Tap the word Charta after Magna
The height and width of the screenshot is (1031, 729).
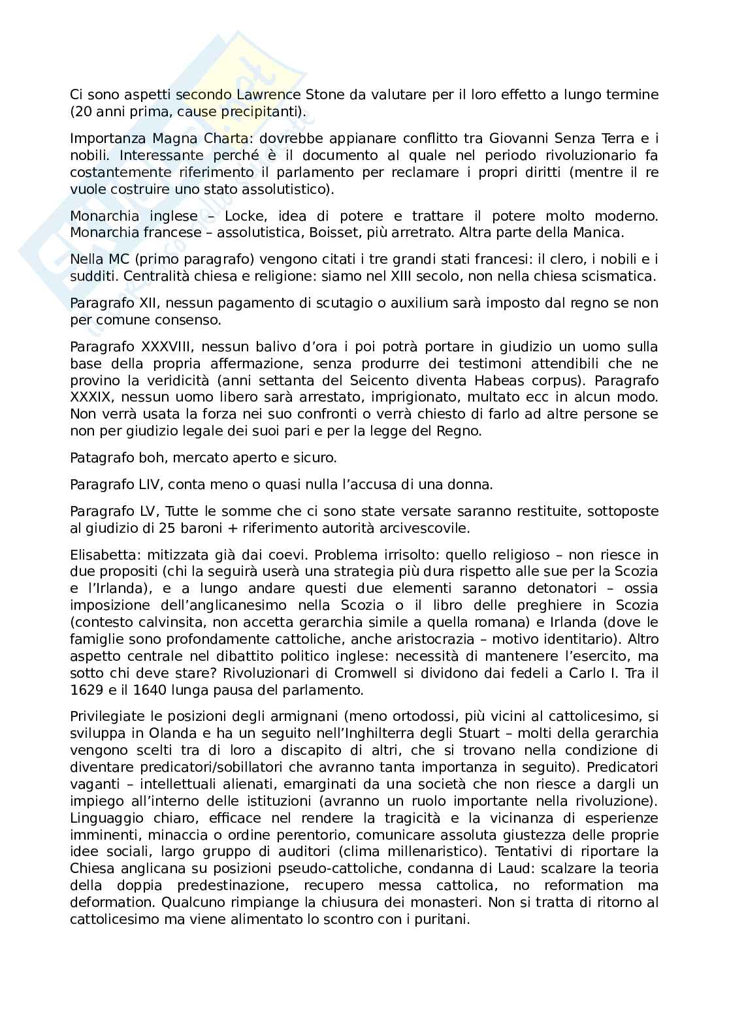click(x=194, y=138)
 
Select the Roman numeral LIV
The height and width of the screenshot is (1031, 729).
click(x=152, y=484)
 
